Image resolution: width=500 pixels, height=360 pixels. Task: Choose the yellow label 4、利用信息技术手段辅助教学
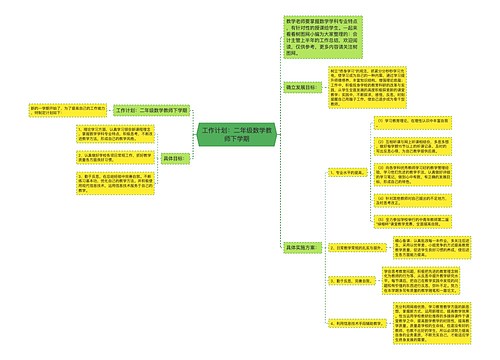pyautogui.click(x=351, y=325)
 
